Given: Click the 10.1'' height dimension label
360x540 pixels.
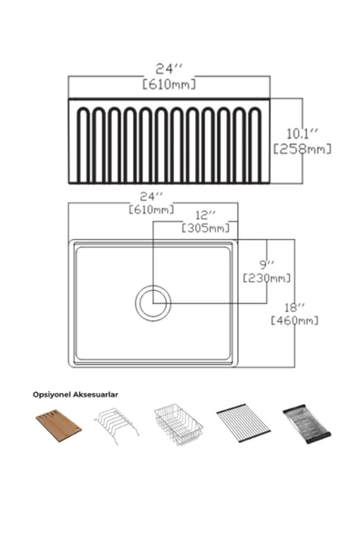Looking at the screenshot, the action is pyautogui.click(x=303, y=133).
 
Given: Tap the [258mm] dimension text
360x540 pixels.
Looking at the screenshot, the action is pyautogui.click(x=303, y=149).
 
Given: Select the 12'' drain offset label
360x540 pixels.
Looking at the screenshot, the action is pyautogui.click(x=205, y=215).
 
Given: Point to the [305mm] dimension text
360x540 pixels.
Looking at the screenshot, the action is pyautogui.click(x=205, y=228).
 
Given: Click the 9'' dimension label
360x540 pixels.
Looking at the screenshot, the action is pyautogui.click(x=267, y=265).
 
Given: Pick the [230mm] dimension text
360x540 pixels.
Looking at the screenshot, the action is pyautogui.click(x=267, y=277).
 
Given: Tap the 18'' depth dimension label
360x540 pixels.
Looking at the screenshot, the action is pyautogui.click(x=294, y=307).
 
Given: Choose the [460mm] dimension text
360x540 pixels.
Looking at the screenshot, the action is pyautogui.click(x=294, y=320).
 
